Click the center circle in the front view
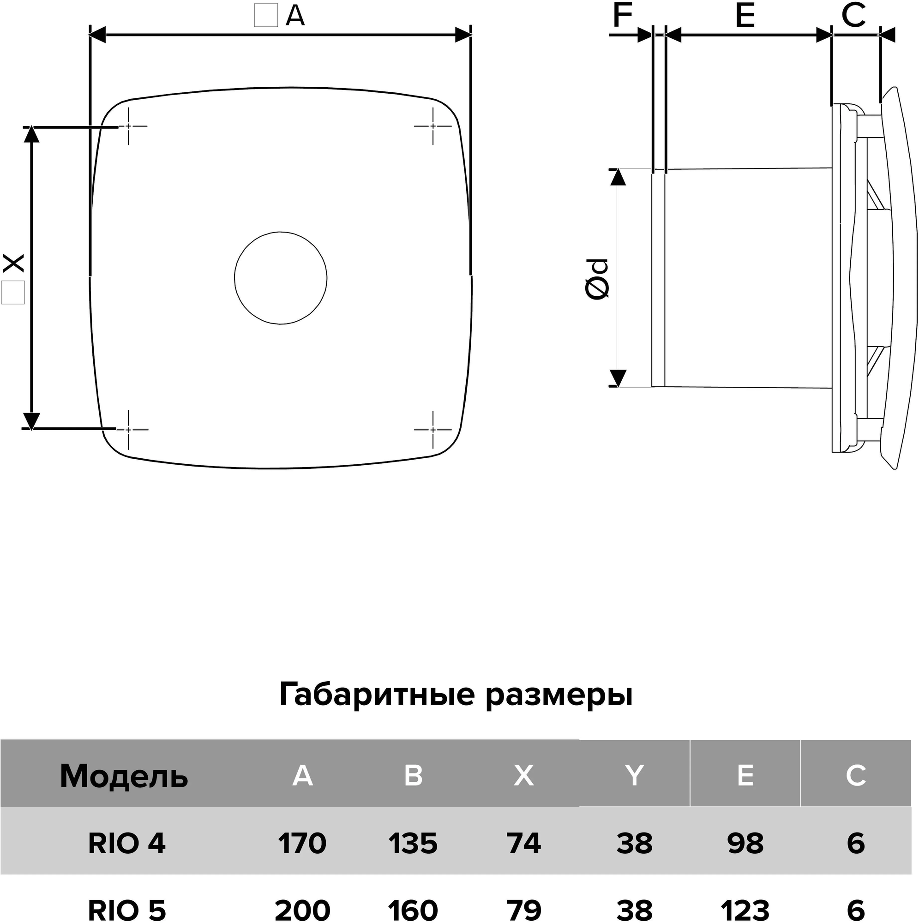coord(281,278)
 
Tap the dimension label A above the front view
coord(295,16)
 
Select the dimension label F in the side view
coord(622,15)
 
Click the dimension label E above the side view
coord(745,16)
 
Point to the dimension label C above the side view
coord(853,15)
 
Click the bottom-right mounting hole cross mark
coord(433,430)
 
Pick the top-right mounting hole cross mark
coord(433,126)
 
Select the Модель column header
coord(124,776)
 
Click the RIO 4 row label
coord(126,843)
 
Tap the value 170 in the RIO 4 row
coord(302,843)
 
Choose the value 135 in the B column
coord(413,843)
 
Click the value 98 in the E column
coord(745,843)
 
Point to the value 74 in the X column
coord(524,843)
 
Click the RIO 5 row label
coord(126,910)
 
